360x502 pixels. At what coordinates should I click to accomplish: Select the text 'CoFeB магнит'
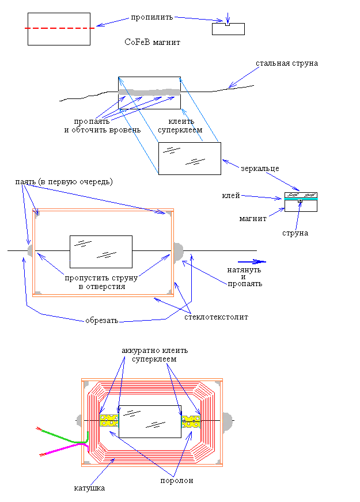point(153,42)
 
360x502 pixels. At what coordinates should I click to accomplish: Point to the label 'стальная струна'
point(287,63)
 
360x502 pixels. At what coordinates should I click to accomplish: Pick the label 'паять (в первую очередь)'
point(64,182)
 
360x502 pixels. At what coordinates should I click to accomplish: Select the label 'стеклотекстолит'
point(216,317)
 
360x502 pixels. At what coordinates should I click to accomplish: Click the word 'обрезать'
point(102,321)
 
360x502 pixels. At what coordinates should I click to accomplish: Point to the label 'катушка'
point(89,488)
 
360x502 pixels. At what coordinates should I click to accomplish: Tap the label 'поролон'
point(177,480)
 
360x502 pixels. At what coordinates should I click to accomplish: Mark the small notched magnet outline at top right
point(228,29)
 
